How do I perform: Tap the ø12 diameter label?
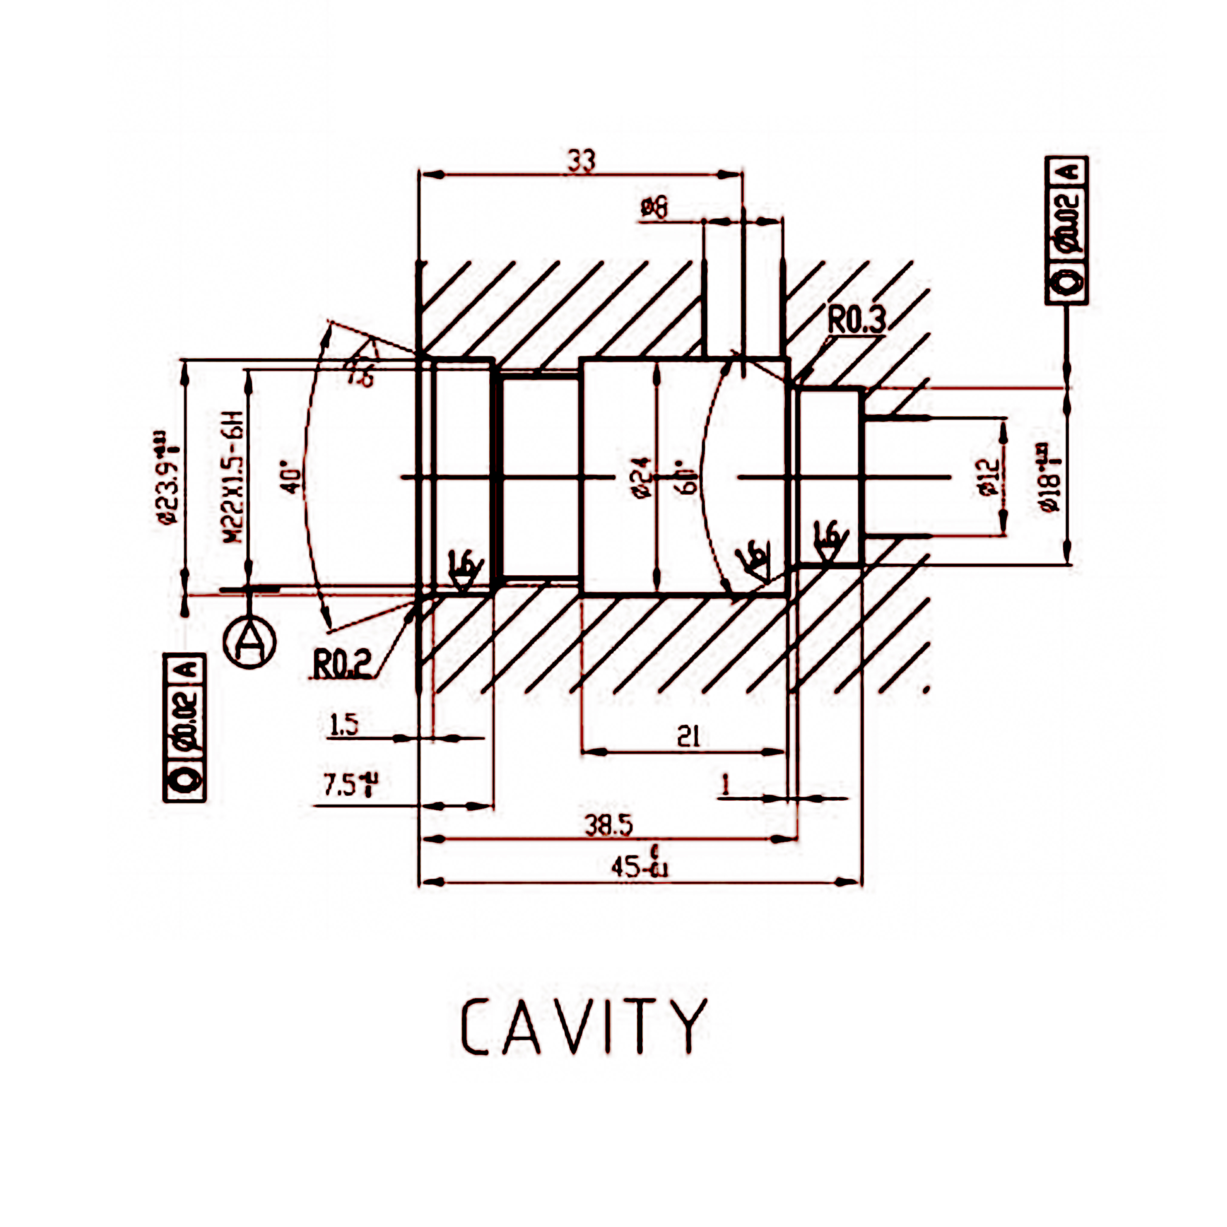coord(990,478)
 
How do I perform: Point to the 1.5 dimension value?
coord(344,725)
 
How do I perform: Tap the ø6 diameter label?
coord(654,208)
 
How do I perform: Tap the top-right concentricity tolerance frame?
coord(1066,230)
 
